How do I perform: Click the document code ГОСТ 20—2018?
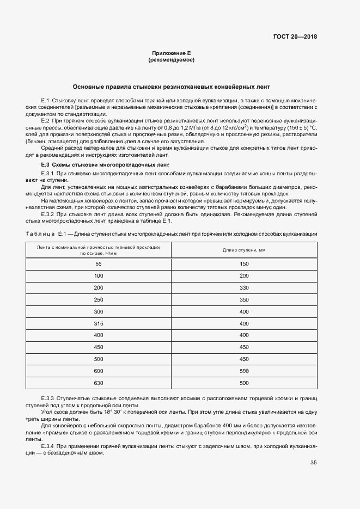click(295, 37)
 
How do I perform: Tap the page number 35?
click(313, 463)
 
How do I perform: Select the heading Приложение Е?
click(171, 53)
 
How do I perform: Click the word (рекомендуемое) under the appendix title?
click(171, 59)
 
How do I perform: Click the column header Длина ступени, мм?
click(243, 250)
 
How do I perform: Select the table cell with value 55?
click(99, 264)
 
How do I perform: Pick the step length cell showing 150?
click(243, 264)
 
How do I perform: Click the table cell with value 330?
click(243, 287)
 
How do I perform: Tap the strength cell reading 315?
click(99, 323)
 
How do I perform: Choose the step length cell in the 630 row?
click(243, 383)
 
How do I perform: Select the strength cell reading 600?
click(99, 371)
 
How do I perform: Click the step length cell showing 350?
click(243, 299)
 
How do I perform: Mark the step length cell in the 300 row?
click(243, 311)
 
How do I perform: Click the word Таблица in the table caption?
click(39, 234)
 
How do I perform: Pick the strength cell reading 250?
click(99, 299)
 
